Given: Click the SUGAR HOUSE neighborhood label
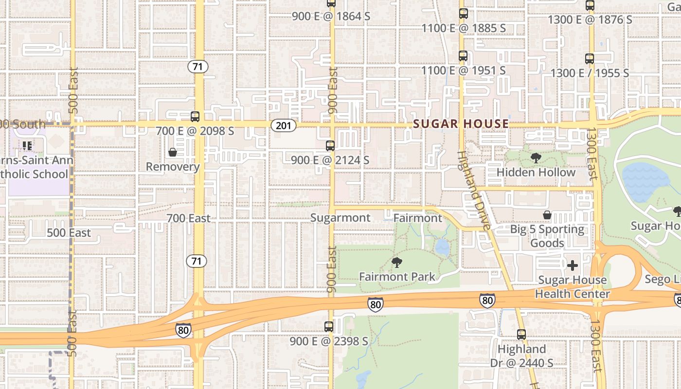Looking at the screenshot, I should click(461, 124).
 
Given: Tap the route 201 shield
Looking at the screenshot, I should click(283, 125).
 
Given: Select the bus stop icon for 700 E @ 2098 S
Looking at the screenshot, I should click(195, 117).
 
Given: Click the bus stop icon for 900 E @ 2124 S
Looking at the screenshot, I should click(330, 146).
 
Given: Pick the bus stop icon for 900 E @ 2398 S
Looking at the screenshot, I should click(329, 327).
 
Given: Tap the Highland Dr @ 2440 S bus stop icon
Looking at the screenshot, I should click(521, 335).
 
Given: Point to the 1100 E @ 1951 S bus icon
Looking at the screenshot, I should click(463, 56).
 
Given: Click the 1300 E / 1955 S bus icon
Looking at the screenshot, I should click(590, 59).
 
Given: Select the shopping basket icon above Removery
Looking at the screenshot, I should click(173, 153).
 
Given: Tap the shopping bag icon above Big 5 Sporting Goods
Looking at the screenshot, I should click(547, 215).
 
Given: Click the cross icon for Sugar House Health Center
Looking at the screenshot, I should click(573, 265).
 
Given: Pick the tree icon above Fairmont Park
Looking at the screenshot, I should click(397, 263).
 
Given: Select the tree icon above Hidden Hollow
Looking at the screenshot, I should click(536, 158).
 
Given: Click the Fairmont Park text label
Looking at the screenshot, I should click(397, 277).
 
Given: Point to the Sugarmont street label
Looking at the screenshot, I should click(340, 218).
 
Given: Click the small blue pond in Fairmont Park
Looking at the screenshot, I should click(442, 248).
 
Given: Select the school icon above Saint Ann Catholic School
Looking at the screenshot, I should click(27, 145).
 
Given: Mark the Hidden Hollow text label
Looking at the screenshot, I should click(536, 172).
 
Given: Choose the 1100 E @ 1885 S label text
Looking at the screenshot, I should click(464, 28).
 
